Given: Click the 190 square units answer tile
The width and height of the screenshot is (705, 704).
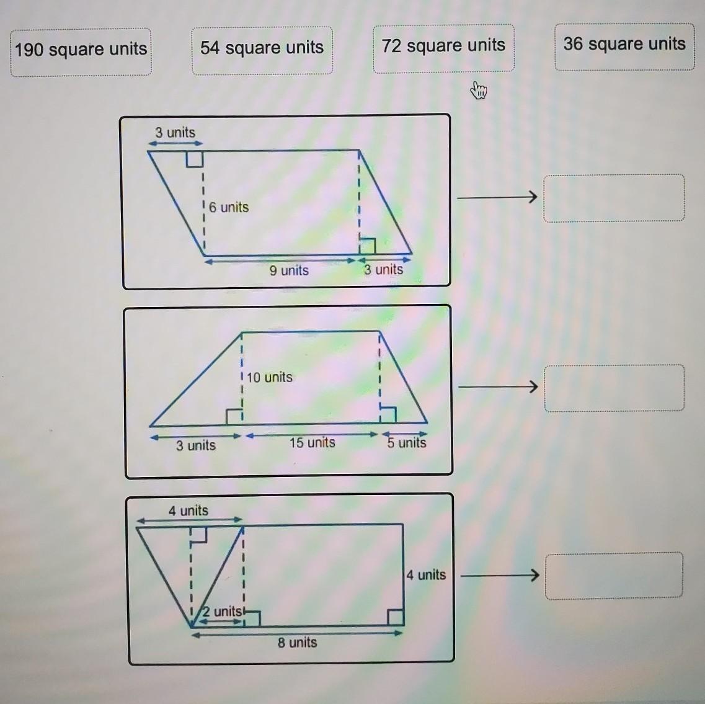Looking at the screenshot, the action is click(81, 52).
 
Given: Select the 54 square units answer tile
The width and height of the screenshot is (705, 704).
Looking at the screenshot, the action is click(262, 50).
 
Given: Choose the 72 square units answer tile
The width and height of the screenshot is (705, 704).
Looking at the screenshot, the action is click(443, 48).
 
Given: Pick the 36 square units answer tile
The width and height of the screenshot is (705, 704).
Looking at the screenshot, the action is click(624, 47).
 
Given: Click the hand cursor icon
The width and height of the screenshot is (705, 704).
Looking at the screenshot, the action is click(479, 90).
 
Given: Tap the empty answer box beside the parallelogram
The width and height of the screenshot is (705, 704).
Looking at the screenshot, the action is click(614, 198).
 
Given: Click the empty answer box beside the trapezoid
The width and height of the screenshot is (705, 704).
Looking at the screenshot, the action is click(614, 388).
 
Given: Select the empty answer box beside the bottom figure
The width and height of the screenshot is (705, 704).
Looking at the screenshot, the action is click(614, 576).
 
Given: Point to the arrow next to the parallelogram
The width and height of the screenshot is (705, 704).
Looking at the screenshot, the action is click(497, 197).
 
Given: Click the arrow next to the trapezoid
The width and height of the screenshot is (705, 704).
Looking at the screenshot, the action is click(498, 387).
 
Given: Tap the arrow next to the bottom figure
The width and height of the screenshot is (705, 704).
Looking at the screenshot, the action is click(500, 575).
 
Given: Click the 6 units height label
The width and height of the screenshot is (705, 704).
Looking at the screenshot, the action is click(228, 207).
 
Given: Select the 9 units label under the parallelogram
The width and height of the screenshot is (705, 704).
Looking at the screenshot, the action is click(289, 270).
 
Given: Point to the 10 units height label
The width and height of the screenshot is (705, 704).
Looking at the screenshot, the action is click(269, 377).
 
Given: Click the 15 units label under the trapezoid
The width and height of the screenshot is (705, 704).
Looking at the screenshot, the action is click(312, 443).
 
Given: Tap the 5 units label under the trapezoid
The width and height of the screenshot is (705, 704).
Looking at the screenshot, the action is click(407, 443).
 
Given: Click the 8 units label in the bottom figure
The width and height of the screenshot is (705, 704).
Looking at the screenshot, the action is click(297, 643).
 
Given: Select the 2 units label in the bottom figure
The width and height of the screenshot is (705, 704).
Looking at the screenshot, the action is click(221, 612).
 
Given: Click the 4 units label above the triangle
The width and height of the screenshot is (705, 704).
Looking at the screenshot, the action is click(188, 510).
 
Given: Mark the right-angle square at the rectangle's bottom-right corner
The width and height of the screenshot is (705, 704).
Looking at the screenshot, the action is click(396, 617).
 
